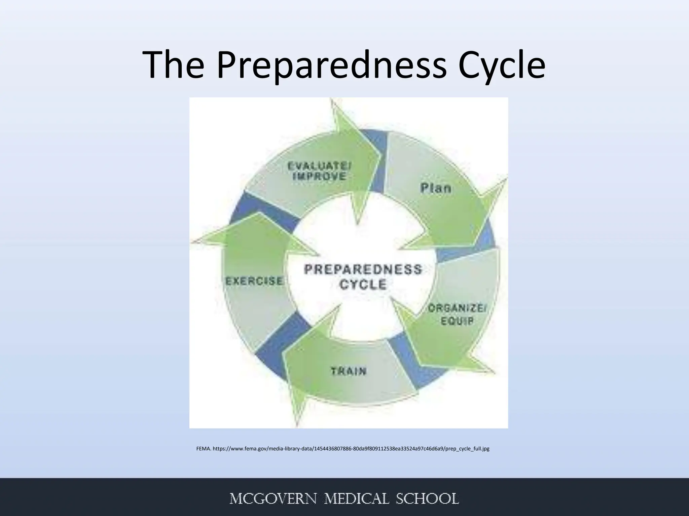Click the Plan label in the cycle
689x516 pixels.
tap(436, 187)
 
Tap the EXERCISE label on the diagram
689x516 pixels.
tap(254, 281)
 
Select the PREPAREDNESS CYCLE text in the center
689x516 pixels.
tap(363, 277)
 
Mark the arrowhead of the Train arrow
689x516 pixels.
tap(299, 396)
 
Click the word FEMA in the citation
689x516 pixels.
tap(204, 448)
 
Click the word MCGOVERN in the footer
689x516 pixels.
tap(273, 499)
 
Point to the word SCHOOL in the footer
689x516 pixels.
tap(427, 499)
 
